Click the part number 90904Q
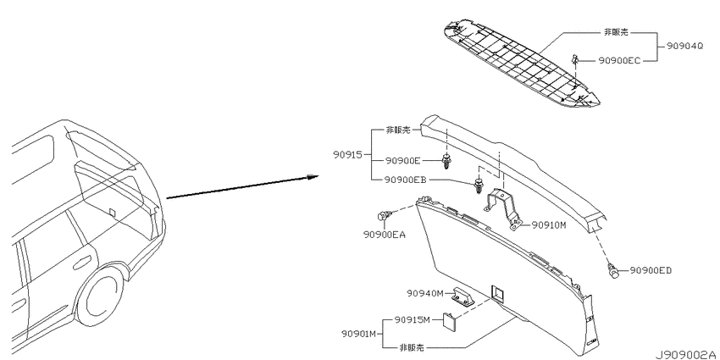(x=684, y=47)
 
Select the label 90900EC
(x=619, y=61)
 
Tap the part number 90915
(x=348, y=155)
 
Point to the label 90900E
(x=402, y=161)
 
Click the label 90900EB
(x=406, y=180)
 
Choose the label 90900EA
(x=385, y=235)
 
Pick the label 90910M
(x=549, y=225)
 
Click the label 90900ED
(x=651, y=270)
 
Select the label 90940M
(x=424, y=293)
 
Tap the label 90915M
(x=413, y=319)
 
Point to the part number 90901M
(x=359, y=334)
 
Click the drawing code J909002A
(x=686, y=354)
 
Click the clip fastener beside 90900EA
(x=384, y=215)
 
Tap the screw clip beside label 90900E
(x=446, y=162)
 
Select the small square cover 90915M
(x=449, y=319)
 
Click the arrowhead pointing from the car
(x=313, y=177)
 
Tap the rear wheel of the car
(x=100, y=294)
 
